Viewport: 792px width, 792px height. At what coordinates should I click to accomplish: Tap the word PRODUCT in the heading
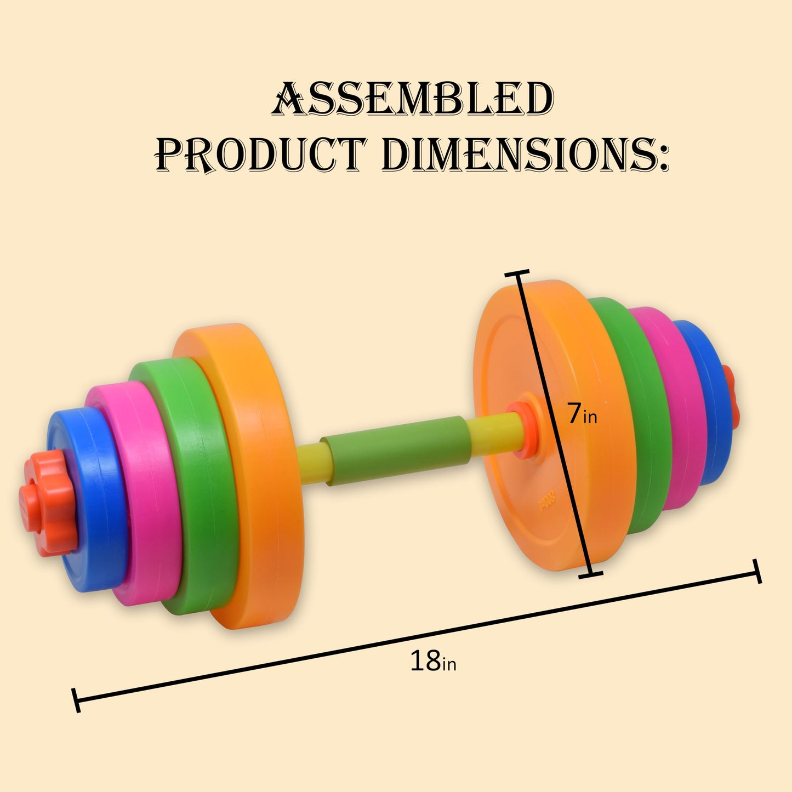pyautogui.click(x=260, y=154)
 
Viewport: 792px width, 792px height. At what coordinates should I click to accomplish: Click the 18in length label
pyautogui.click(x=433, y=662)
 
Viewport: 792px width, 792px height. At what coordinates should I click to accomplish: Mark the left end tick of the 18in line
pyautogui.click(x=76, y=700)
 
